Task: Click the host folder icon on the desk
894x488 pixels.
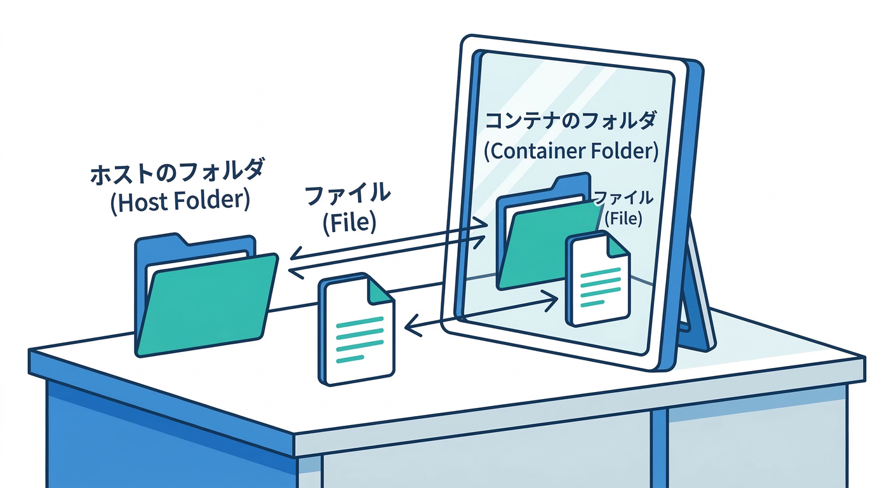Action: point(206,299)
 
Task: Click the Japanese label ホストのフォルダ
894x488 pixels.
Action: point(177,173)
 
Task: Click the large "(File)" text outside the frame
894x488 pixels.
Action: point(349,223)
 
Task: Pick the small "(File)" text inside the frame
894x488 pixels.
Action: point(623,219)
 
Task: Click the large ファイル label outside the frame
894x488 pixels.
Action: point(349,194)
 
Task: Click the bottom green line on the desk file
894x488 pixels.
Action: point(350,359)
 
